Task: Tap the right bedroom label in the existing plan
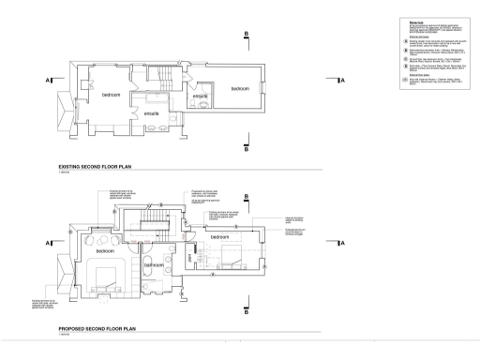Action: (246, 89)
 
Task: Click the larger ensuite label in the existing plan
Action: (150, 114)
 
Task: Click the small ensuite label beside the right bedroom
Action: (199, 96)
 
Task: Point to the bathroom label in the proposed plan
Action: (154, 265)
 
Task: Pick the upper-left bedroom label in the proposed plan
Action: (103, 251)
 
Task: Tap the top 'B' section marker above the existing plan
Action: (246, 35)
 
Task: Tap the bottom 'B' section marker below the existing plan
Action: (246, 147)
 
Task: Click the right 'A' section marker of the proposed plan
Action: (342, 244)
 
